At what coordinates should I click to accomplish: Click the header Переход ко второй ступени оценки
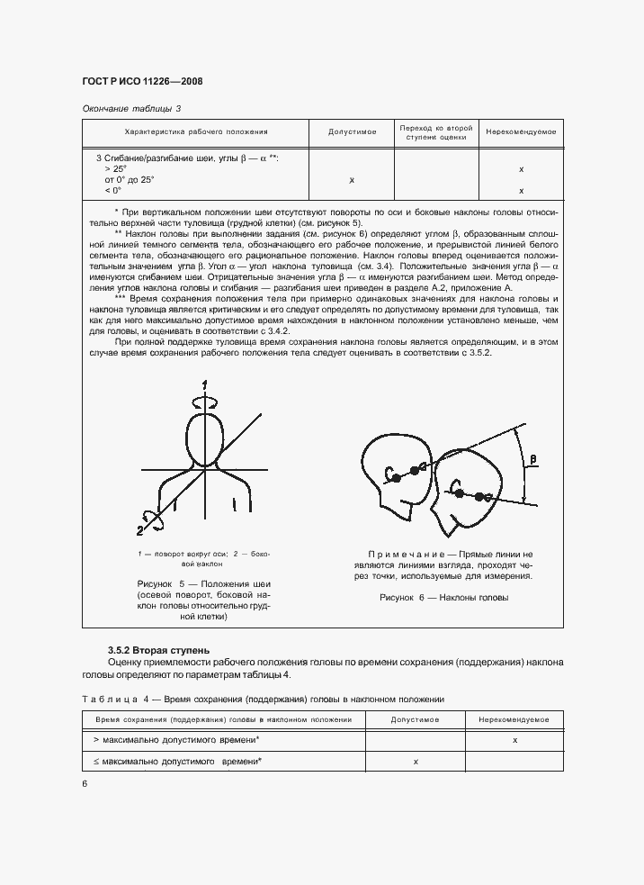[x=434, y=132]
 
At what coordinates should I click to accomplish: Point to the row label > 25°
[x=115, y=168]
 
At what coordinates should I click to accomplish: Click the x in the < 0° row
[x=522, y=191]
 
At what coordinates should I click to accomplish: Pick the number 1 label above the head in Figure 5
[x=205, y=386]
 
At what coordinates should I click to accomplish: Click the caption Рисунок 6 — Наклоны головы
[x=443, y=597]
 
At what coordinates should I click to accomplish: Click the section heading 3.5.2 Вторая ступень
[x=158, y=649]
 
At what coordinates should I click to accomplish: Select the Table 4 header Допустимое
[x=416, y=720]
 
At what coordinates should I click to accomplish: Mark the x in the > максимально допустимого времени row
[x=514, y=739]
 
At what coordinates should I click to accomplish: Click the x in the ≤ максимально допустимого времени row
[x=416, y=762]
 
